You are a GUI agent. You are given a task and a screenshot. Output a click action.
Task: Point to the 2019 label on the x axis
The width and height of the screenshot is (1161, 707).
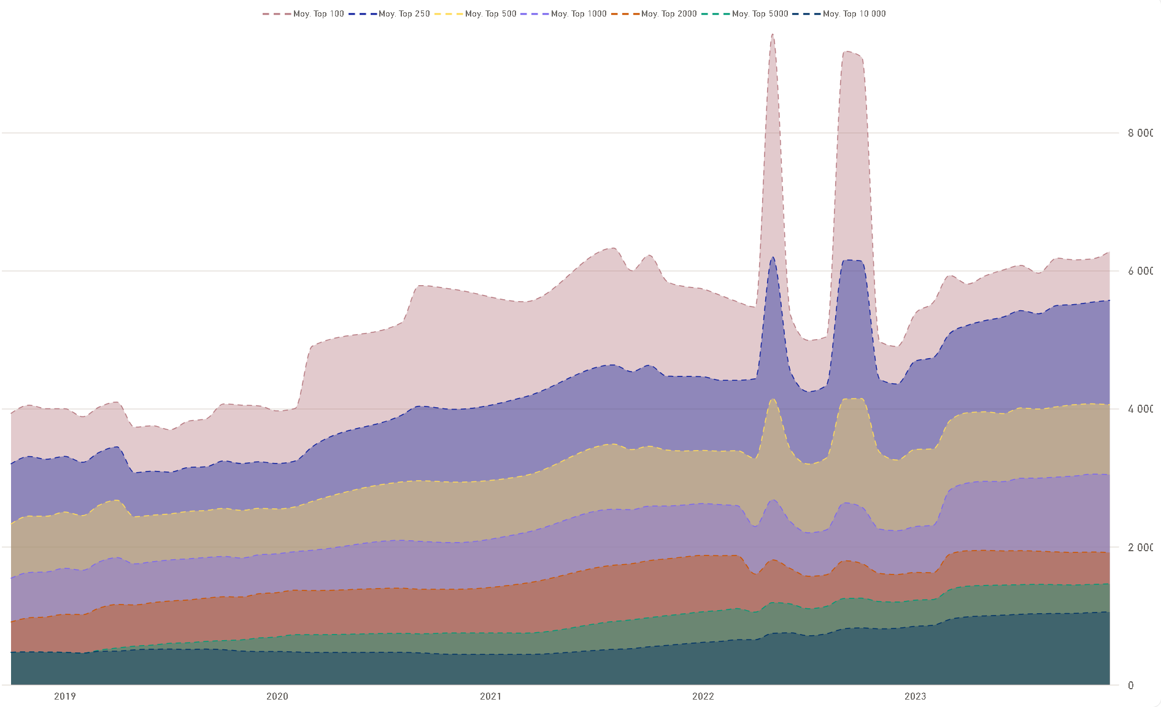click(65, 696)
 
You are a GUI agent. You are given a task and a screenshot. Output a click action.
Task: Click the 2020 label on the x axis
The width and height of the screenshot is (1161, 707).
click(277, 696)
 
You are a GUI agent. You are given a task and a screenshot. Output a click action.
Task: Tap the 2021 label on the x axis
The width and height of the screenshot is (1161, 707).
click(490, 696)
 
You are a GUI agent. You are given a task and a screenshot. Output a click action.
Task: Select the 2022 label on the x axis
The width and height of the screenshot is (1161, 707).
click(703, 696)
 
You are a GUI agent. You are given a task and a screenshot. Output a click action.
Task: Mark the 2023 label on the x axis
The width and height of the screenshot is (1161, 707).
click(916, 696)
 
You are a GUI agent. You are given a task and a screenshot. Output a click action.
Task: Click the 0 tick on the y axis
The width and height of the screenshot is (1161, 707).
click(1131, 686)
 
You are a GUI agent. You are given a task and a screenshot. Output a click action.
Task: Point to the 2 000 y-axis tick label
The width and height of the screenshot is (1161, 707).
click(1140, 547)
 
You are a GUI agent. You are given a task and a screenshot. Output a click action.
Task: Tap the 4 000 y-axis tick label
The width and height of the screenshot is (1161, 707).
click(1140, 409)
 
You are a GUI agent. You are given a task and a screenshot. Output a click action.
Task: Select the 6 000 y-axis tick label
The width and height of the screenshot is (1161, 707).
click(1140, 271)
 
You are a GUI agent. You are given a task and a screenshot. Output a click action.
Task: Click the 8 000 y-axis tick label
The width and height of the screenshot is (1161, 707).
click(1140, 133)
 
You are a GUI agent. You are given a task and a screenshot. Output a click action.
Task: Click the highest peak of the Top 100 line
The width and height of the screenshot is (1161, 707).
click(772, 34)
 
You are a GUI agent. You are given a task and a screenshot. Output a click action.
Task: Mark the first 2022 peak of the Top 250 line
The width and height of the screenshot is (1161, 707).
click(772, 258)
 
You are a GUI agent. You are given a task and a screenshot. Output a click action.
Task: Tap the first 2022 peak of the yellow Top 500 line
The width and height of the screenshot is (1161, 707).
click(773, 399)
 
